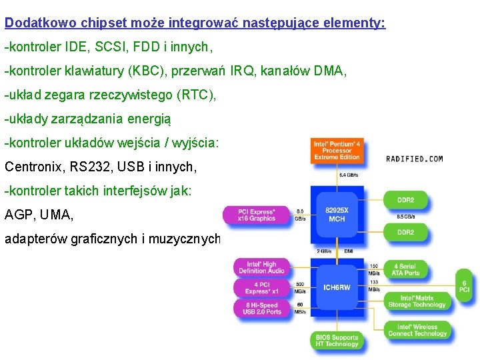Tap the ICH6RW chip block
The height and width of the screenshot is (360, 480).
point(337,288)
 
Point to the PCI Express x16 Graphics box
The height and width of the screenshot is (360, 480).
point(257,215)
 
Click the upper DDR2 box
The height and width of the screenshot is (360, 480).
point(407,199)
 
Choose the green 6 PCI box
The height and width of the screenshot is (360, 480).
point(464,286)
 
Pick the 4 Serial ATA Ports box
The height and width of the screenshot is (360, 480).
point(407,269)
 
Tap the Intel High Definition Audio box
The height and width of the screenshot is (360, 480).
point(262,267)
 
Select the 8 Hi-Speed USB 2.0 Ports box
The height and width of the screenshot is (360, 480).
point(262,308)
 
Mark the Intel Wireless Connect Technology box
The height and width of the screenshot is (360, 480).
point(417,330)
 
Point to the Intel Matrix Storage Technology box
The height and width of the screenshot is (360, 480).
point(417,301)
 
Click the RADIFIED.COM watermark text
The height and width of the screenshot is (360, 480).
point(414,159)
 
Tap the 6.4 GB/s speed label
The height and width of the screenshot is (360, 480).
point(348,175)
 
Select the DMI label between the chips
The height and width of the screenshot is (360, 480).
point(349,251)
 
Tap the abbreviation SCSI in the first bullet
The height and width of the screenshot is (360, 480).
point(105,47)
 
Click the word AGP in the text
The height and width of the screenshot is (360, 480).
point(17,215)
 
